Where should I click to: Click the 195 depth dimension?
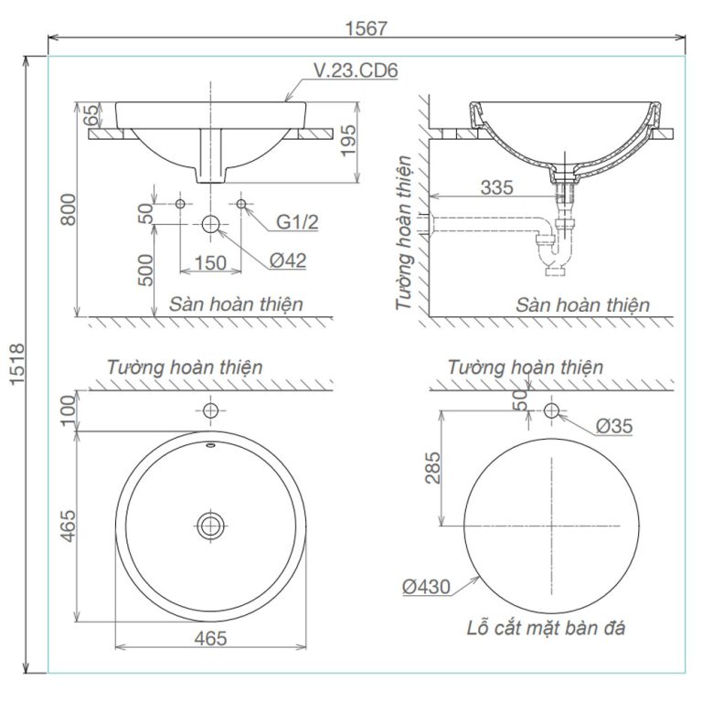coord(347,141)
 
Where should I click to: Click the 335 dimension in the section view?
coord(497,187)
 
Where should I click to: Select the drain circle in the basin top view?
coord(211,524)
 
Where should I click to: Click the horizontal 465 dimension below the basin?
coord(210,639)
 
